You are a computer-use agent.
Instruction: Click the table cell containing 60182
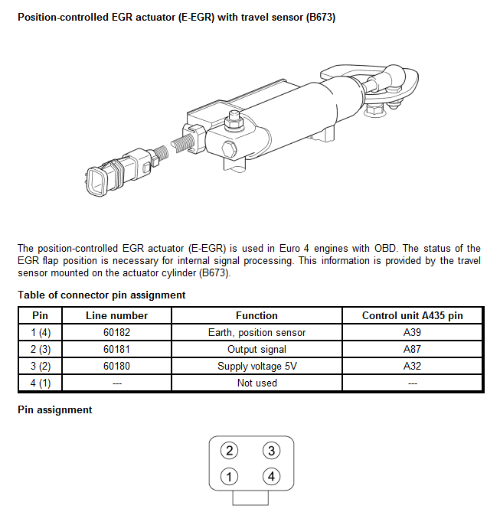[116, 332]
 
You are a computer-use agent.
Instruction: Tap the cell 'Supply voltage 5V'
[257, 366]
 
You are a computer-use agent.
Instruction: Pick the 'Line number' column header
[116, 315]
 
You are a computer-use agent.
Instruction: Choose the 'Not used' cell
[257, 383]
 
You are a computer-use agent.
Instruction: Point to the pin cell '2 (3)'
[40, 349]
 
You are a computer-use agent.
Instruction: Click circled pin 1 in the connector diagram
[229, 476]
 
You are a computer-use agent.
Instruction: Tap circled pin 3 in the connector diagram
[271, 451]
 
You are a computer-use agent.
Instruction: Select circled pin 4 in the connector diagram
[271, 476]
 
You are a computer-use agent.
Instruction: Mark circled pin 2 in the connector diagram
[229, 451]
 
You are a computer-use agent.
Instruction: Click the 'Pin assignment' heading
[54, 409]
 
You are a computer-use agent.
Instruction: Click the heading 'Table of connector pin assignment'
[101, 295]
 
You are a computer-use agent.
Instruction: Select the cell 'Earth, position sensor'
[257, 332]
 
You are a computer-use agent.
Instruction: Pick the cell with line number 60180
[116, 366]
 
